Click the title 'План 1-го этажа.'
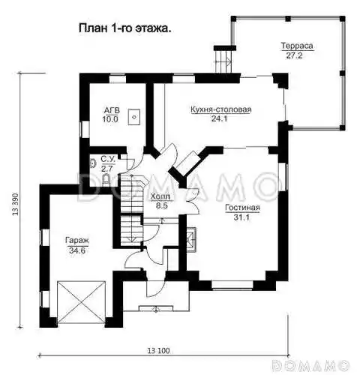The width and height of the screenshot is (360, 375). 125,28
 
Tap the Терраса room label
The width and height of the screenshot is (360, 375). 297,46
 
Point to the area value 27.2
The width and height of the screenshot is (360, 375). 294,55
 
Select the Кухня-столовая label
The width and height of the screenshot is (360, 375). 221,109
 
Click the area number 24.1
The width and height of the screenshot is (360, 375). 219,118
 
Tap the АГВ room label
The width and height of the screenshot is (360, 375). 112,110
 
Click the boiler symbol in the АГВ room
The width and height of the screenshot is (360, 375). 134,117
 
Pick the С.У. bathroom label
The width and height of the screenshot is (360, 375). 108,159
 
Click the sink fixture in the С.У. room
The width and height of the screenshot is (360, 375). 93,163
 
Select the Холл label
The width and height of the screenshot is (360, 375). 160,196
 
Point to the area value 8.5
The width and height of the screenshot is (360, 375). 162,205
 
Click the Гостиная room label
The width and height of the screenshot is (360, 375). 242,208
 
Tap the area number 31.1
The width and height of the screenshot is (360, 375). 241,217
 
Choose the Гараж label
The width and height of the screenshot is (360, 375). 77,241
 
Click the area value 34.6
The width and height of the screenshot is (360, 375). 77,250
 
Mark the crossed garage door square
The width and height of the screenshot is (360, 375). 81,302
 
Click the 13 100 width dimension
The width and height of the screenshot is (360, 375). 158,351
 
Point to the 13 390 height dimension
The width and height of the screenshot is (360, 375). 16,204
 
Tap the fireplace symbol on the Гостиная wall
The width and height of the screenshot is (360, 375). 191,239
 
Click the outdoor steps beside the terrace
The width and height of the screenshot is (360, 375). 223,61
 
